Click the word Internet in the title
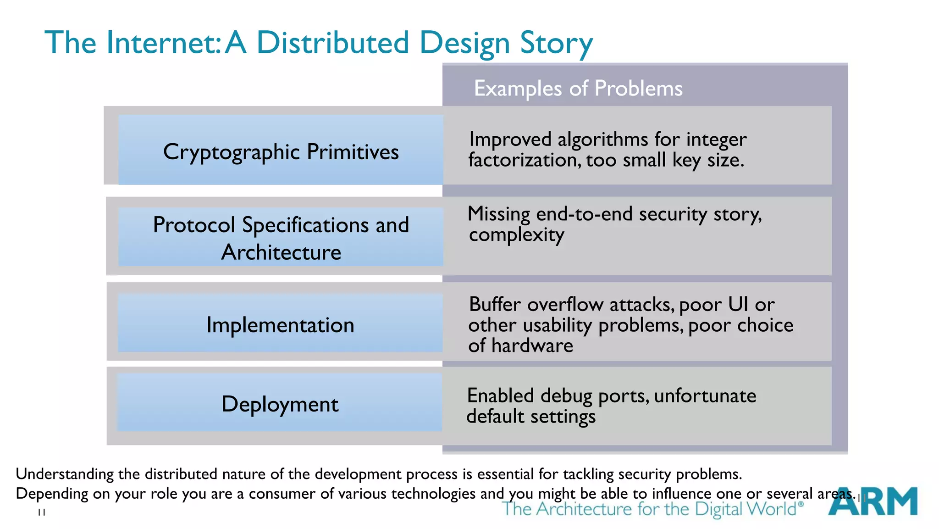tap(163, 43)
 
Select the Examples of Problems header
tap(578, 88)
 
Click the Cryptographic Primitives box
tap(281, 151)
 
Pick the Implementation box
tap(280, 325)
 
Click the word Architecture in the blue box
tap(281, 252)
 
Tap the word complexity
tap(516, 235)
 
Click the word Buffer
tap(495, 304)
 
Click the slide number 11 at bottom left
tap(42, 512)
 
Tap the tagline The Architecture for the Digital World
tap(652, 509)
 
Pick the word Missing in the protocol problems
tap(499, 214)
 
